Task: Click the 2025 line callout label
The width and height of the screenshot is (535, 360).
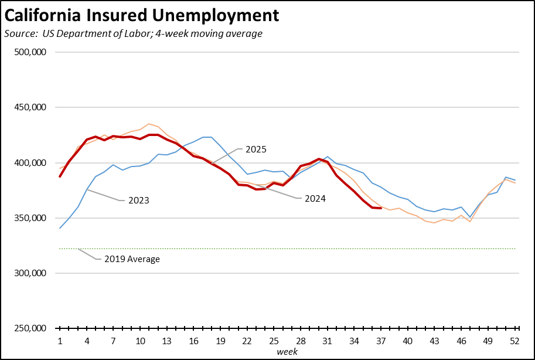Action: coord(255,150)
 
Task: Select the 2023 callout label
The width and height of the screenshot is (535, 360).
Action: coord(138,201)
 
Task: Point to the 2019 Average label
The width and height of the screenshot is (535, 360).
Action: coord(132,259)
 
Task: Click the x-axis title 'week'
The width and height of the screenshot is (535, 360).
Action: coord(287,352)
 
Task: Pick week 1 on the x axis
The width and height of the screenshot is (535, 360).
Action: coord(60,341)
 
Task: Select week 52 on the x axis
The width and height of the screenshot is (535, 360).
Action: coord(515,341)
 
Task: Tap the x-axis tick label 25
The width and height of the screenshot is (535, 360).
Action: coord(274,341)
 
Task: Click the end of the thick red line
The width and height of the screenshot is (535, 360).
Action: coord(381,208)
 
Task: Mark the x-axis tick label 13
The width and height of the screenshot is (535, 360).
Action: coord(167,341)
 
